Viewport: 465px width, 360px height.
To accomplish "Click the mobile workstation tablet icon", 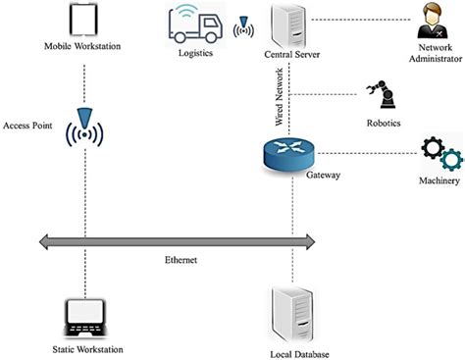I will pos(85,21).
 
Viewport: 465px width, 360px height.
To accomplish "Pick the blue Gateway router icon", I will pos(291,153).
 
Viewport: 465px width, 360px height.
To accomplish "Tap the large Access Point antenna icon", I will pos(86,128).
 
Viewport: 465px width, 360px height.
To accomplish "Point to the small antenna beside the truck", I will pos(243,25).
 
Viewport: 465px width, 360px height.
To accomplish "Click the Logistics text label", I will pos(194,54).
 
